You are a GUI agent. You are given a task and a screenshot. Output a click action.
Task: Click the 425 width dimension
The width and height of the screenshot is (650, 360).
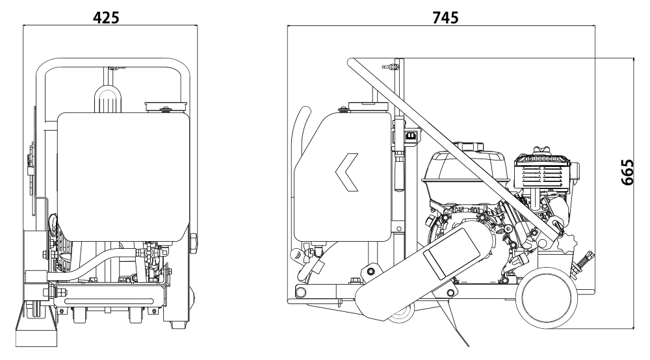(x=106, y=18)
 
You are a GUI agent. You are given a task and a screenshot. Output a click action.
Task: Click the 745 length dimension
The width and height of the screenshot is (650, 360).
(x=445, y=18)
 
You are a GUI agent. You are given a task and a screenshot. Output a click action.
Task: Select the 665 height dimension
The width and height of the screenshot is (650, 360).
(x=628, y=172)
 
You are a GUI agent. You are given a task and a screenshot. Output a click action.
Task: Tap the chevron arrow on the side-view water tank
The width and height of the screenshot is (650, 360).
(x=346, y=172)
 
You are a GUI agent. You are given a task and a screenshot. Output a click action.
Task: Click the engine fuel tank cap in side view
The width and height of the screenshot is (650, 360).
(x=469, y=147)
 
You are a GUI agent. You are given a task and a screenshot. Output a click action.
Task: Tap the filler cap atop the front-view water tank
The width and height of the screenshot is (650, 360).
(x=166, y=107)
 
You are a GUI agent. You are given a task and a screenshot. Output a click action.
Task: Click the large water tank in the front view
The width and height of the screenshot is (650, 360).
(x=123, y=177)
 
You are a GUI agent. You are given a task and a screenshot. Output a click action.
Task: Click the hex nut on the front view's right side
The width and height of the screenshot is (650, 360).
(x=194, y=244)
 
